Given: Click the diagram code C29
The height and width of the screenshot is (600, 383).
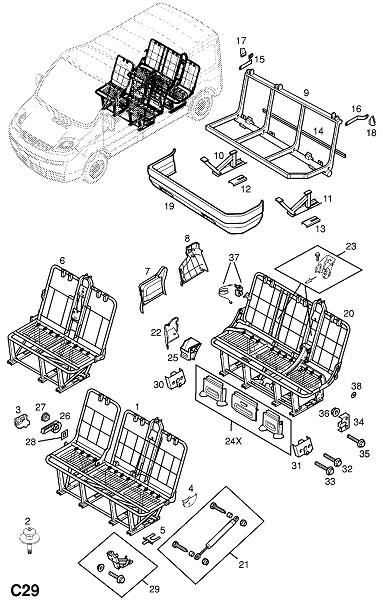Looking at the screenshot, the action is pyautogui.click(x=24, y=590).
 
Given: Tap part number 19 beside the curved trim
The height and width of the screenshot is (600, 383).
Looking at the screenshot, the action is pyautogui.click(x=169, y=207).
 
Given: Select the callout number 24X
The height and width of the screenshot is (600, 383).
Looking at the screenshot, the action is pyautogui.click(x=233, y=441).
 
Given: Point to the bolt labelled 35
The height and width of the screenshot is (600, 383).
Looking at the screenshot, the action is pyautogui.click(x=356, y=441).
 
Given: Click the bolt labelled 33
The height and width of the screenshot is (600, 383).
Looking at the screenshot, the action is pyautogui.click(x=324, y=467).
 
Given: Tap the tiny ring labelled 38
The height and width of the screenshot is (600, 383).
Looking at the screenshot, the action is pyautogui.click(x=354, y=394).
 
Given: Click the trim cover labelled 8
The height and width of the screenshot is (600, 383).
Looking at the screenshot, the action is pyautogui.click(x=192, y=263).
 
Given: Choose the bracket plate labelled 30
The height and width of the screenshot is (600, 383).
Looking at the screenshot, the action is pyautogui.click(x=176, y=378).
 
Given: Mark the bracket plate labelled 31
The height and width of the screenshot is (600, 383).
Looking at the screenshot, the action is pyautogui.click(x=303, y=447).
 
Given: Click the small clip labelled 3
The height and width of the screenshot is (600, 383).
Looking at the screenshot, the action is pyautogui.click(x=21, y=422).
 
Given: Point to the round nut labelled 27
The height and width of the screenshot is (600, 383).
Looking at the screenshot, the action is pyautogui.click(x=44, y=416).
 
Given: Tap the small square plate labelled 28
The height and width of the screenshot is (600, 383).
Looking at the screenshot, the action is pyautogui.click(x=65, y=434).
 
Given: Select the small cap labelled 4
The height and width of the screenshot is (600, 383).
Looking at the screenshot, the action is pyautogui.click(x=189, y=499).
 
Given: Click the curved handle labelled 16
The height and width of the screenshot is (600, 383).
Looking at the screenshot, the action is pyautogui.click(x=356, y=119).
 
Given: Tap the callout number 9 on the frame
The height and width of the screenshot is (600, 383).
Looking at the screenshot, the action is pyautogui.click(x=306, y=92).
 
